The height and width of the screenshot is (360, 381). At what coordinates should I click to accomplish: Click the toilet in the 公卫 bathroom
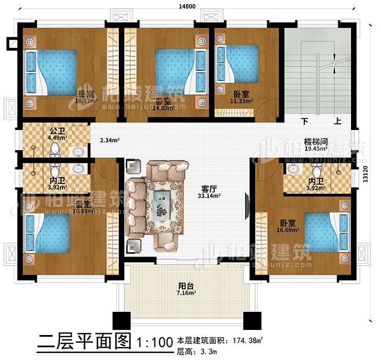click(x=56, y=149)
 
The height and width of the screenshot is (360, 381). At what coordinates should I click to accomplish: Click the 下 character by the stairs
click(x=304, y=122)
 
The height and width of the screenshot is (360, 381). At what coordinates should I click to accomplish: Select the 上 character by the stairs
click(x=336, y=122)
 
